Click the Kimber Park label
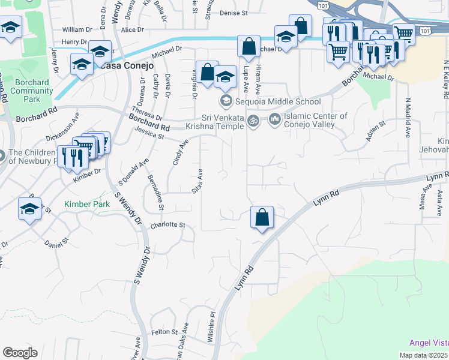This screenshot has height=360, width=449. click(87, 205)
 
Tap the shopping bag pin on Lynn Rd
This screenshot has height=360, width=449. click(262, 217)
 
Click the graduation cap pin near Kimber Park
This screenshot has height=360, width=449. click(29, 209)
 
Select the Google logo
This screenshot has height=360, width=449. click(20, 353)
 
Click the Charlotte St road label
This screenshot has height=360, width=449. click(169, 226)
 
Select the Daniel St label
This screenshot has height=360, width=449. click(57, 244)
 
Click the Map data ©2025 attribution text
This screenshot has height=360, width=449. click(423, 355)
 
